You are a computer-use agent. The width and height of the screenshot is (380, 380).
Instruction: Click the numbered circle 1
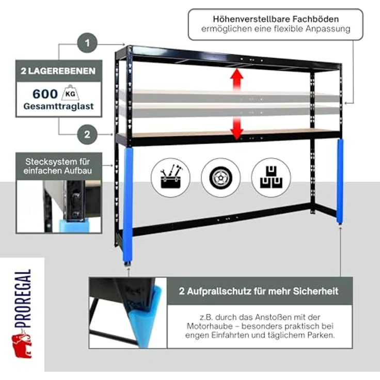87,43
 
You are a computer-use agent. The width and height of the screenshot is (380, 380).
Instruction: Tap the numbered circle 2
87,135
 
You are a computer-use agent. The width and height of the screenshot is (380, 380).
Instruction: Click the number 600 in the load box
45,94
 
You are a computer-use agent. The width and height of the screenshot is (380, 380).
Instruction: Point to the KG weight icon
70,93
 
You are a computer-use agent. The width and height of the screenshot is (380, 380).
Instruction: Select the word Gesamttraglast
58,106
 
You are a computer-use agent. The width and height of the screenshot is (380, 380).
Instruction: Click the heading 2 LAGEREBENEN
58,71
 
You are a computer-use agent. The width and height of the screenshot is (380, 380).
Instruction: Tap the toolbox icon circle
170,178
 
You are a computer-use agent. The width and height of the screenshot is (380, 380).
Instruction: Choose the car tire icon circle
220,178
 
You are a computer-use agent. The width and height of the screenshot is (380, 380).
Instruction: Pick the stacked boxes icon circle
271,178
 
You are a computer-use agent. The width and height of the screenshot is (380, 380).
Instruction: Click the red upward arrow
237,80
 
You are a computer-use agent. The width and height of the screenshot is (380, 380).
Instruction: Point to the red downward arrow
237,129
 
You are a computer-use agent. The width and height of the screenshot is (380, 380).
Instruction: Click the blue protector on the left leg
128,205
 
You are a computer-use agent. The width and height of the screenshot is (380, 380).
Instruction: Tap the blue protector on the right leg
340,181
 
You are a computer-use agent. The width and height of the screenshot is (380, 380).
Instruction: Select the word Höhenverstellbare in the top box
251,19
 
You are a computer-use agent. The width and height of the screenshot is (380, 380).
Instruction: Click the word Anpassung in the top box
328,29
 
